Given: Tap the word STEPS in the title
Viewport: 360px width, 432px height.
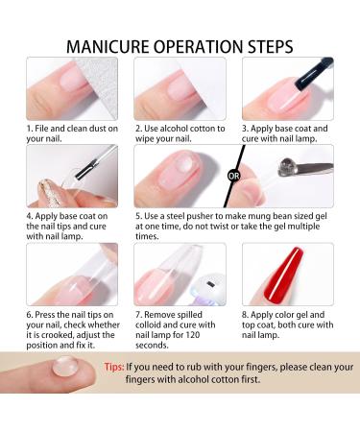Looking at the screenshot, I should click(294, 46).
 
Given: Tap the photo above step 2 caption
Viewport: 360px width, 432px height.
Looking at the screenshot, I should click(180, 89).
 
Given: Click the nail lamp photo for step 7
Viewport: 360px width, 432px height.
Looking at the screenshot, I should click(180, 274).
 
